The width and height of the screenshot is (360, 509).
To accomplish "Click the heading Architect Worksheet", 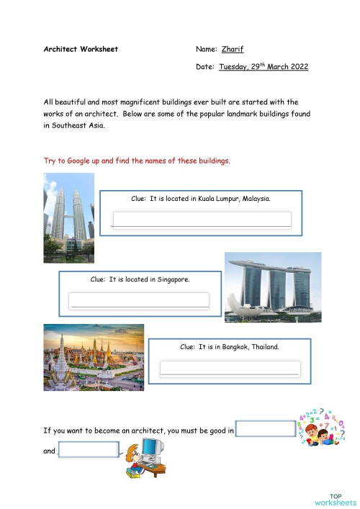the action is pos(81,50).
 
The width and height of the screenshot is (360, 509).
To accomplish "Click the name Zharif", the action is pos(233,50).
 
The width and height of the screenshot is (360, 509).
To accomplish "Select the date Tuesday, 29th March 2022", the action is pos(264,67).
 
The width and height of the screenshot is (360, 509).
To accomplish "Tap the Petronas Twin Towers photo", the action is pos(69,217).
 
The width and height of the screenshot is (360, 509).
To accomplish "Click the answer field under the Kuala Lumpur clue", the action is pos(202,219).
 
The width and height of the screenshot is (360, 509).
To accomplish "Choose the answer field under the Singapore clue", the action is pos(139,299).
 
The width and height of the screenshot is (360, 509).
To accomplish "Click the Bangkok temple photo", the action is pos(94,357).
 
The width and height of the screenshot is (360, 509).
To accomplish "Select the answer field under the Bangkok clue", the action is pos(230,368).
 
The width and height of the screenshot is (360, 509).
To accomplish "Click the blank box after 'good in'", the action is pos(266,430).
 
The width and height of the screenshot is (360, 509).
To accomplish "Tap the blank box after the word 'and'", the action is pos(88,451).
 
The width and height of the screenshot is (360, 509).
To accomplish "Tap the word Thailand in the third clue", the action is pos(264,347).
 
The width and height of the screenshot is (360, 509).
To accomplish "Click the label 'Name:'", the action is pos(206,50).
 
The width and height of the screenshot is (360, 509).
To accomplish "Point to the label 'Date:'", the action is pos(205,67).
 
